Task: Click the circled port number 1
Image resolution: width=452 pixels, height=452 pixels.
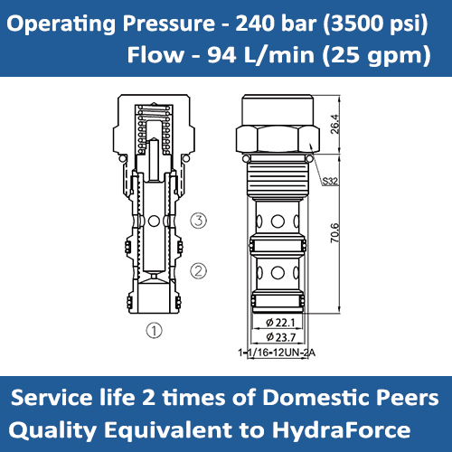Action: pyautogui.click(x=155, y=330)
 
